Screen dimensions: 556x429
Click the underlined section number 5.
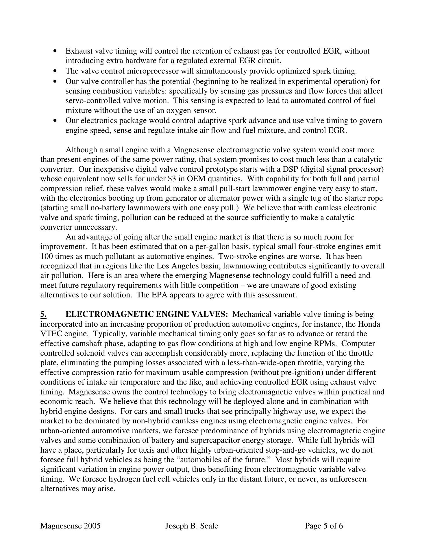[x=43, y=314]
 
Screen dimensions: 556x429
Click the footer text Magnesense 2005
[x=70, y=526]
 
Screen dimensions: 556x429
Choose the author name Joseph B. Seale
[x=191, y=526]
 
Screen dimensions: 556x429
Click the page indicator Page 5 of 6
[x=324, y=526]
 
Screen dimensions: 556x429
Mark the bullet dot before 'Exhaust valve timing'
[x=55, y=51]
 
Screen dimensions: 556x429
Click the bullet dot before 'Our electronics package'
[x=55, y=120]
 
